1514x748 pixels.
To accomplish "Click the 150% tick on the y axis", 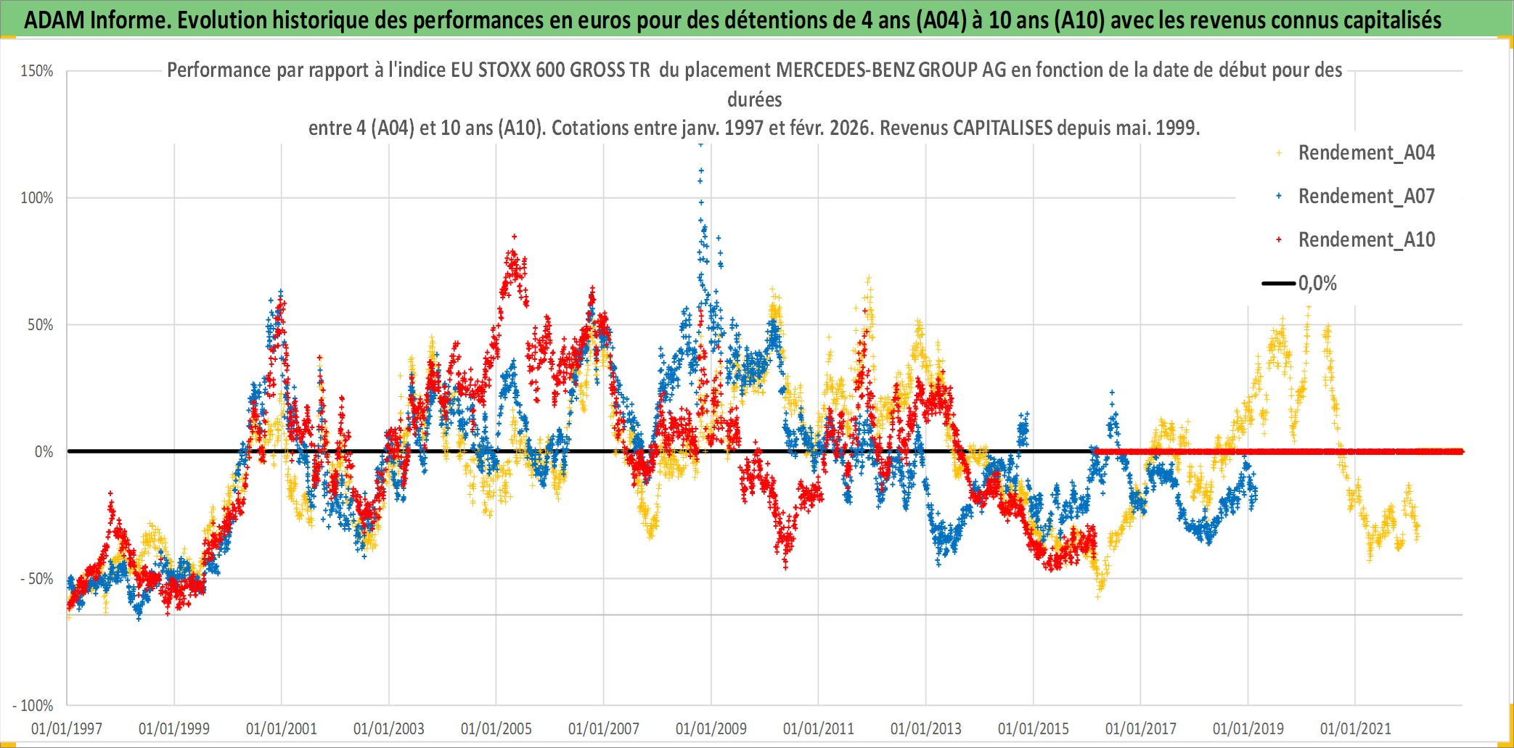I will point(37,71).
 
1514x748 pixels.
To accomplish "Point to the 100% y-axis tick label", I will point(37,198).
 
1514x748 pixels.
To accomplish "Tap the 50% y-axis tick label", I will point(41,325).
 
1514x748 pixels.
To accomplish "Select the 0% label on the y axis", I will point(44,452).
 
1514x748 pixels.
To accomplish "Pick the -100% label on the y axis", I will point(33,706).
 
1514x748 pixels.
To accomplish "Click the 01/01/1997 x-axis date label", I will point(67,728).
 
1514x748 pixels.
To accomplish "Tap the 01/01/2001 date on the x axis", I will point(282,728).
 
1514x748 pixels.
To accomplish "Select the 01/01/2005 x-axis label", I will point(496,728).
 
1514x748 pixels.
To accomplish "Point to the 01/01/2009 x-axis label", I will point(711,728).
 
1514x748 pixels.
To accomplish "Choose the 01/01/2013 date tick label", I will point(926,728).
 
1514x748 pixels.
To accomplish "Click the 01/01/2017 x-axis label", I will point(1141,728).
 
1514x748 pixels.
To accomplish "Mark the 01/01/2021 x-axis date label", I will point(1356,728).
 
